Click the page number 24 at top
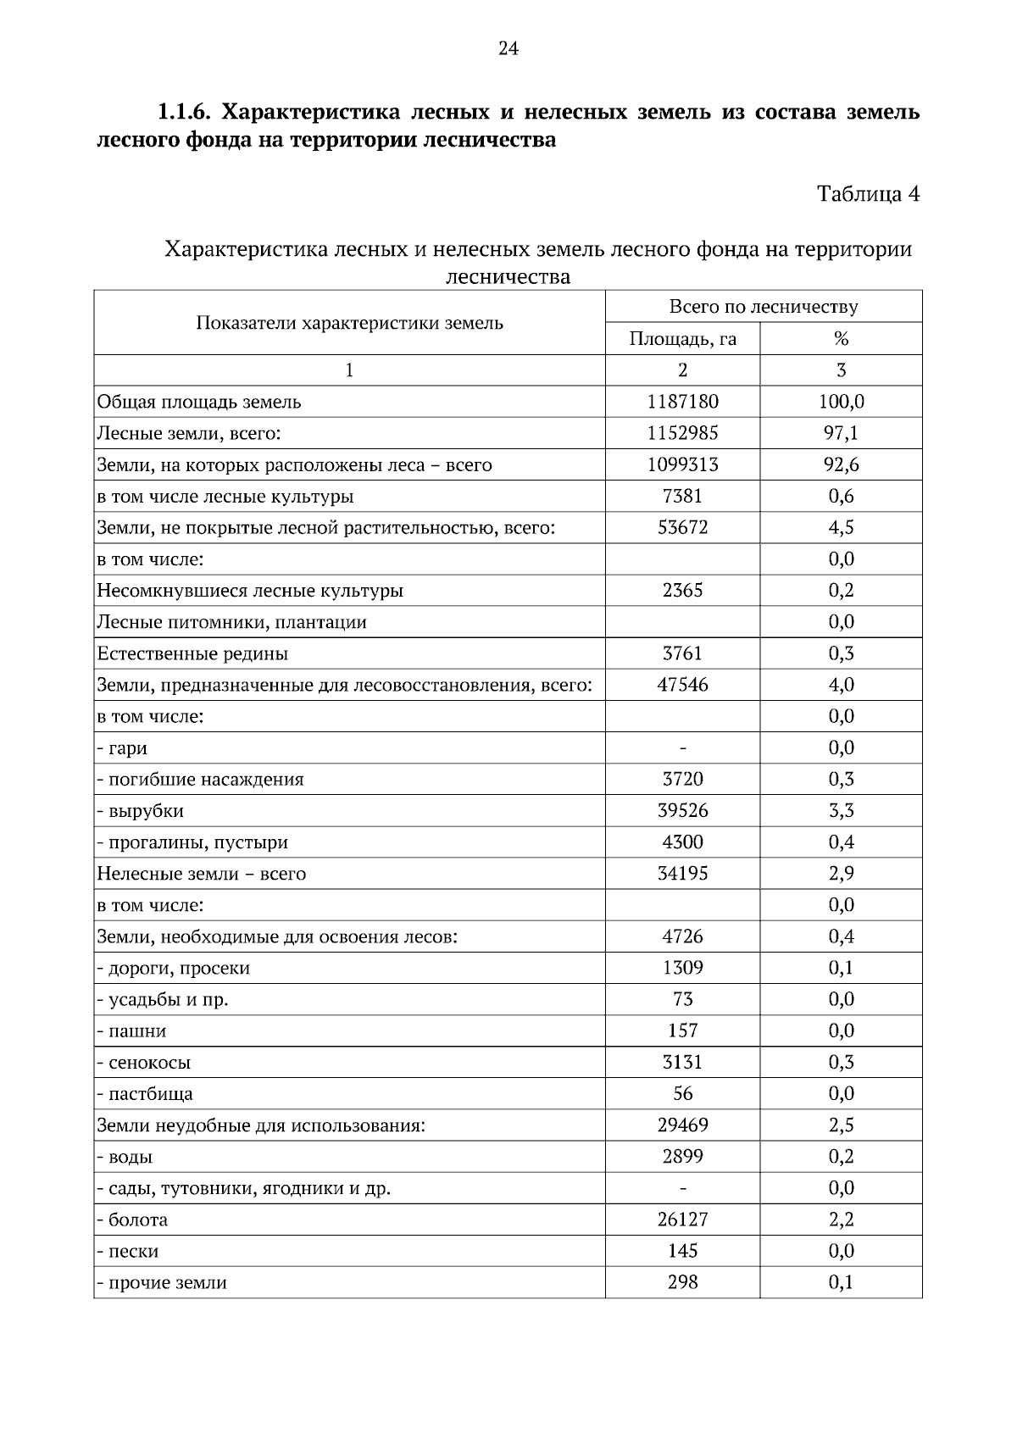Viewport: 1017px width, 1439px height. coord(508,48)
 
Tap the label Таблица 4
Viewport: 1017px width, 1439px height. coord(868,194)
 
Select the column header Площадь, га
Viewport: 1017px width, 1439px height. coord(682,339)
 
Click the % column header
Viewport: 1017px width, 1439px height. coord(841,339)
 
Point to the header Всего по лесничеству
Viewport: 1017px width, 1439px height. coord(763,307)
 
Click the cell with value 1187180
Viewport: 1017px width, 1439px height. coord(682,402)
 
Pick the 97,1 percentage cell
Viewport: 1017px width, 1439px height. coord(841,433)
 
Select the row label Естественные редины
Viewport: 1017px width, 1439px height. coord(192,653)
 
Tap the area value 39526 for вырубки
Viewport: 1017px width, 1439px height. coord(682,810)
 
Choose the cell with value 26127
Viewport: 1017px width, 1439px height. coord(682,1220)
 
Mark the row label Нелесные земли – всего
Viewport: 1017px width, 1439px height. coord(201,874)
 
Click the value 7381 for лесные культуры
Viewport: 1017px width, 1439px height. coord(682,496)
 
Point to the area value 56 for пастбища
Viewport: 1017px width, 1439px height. coord(682,1093)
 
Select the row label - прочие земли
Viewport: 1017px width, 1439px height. coord(162,1282)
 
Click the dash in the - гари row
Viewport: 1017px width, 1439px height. coord(682,747)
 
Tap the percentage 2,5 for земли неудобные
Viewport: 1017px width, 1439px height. coord(841,1125)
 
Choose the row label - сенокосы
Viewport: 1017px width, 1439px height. coord(143,1063)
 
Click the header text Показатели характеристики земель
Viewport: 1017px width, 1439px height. coord(349,323)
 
